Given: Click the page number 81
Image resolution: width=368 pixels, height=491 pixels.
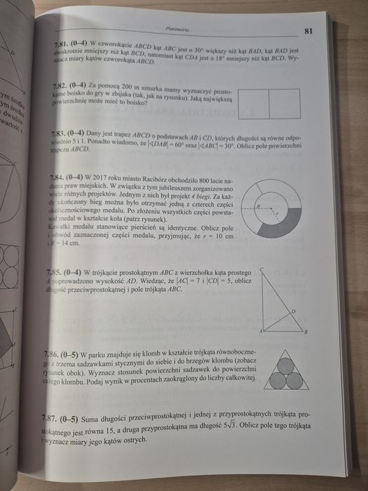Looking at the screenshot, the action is coord(309,31).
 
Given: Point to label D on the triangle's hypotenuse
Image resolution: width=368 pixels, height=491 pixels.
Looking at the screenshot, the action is coord(292,311).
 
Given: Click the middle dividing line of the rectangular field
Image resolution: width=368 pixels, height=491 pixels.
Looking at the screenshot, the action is coord(269,104).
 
